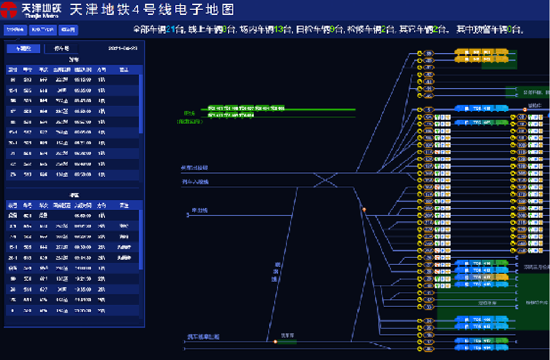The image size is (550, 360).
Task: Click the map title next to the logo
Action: point(152,9)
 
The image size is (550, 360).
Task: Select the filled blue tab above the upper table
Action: point(23,48)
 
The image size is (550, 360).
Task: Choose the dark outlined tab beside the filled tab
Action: point(61,48)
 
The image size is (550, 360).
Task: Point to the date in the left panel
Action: point(123,48)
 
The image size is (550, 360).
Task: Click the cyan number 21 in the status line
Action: point(170,30)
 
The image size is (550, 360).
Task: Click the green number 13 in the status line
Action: point(278,30)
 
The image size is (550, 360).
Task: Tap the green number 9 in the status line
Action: point(332,30)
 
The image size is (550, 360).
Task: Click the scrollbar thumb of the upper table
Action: point(141,104)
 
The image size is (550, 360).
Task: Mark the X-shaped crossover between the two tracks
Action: point(325,180)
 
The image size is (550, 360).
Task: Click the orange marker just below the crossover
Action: point(364,210)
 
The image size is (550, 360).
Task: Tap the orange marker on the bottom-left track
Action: point(275,342)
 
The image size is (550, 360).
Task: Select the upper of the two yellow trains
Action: point(481,52)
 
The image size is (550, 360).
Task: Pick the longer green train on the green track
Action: point(246,108)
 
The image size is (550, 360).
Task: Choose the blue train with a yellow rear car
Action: point(481,277)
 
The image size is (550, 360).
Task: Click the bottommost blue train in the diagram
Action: point(481,348)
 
